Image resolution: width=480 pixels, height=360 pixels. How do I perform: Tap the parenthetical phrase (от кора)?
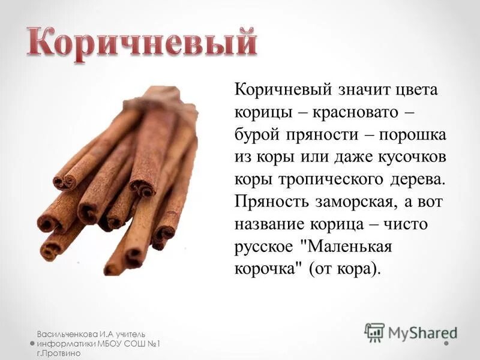(x=344, y=269)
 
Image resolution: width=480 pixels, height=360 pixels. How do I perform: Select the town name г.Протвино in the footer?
(x=58, y=354)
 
